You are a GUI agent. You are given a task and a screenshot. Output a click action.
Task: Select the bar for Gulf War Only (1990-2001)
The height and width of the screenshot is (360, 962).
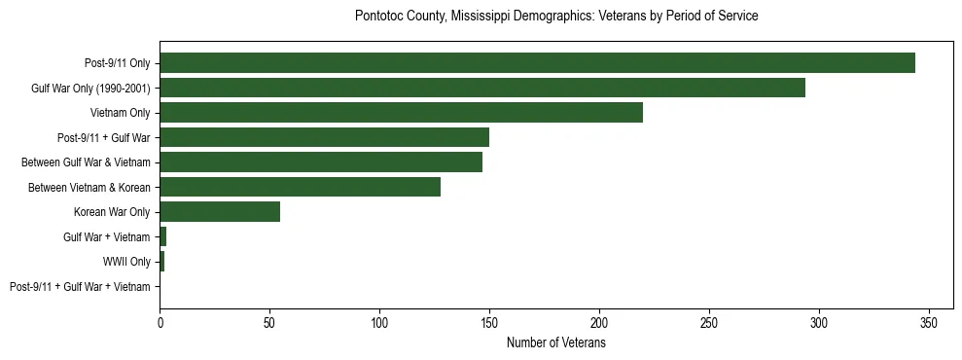[482, 88]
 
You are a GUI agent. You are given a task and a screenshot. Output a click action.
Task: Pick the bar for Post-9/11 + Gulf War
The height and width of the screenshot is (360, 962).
[324, 137]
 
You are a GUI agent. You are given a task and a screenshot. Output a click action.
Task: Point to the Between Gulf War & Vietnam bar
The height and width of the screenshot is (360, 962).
[321, 162]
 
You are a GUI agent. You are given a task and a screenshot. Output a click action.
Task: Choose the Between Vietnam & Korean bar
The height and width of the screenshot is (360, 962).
[300, 187]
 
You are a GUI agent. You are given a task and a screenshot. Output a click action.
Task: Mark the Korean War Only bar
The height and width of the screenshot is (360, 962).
[220, 212]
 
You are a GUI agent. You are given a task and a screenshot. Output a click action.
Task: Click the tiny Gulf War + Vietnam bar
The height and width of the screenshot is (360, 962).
[163, 236]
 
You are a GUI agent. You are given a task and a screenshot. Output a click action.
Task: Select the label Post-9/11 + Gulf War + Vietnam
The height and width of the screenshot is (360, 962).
[80, 287]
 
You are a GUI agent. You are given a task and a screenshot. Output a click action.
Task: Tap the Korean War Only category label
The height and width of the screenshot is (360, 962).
[112, 212]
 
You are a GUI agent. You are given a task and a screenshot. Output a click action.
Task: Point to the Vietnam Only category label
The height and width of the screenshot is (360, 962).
[121, 113]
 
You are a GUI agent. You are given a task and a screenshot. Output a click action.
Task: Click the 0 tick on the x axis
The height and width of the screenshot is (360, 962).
[160, 323]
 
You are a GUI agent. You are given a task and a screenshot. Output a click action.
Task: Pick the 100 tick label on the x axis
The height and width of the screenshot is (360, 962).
[379, 323]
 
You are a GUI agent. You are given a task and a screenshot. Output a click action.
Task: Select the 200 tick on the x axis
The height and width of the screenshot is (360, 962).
[599, 323]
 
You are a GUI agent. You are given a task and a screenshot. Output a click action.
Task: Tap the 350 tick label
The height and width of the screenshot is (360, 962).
[929, 323]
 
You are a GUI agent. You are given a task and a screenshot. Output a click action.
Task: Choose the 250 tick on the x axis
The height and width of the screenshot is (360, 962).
[709, 323]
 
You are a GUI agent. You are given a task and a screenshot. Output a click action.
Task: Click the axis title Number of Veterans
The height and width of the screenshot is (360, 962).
[555, 342]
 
